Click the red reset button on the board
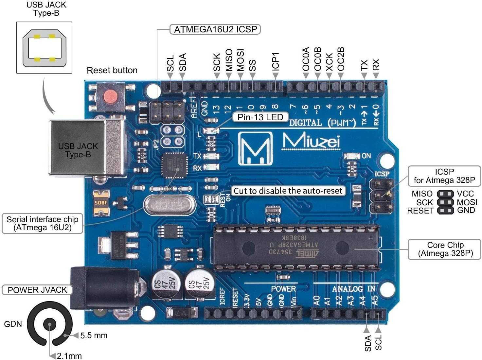(x=110, y=96)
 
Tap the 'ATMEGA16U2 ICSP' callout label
(x=215, y=29)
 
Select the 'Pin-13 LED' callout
(x=260, y=117)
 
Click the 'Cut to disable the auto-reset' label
(x=288, y=191)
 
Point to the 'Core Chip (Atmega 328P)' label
(x=445, y=249)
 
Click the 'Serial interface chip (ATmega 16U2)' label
(x=42, y=223)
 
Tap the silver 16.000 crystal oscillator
(x=170, y=205)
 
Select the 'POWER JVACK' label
(x=37, y=290)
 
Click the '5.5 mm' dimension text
(x=94, y=335)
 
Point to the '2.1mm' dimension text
(x=69, y=356)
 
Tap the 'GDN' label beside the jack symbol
(x=13, y=324)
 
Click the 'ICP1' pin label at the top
(x=276, y=61)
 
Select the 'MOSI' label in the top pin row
(x=241, y=60)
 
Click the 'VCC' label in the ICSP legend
(x=465, y=194)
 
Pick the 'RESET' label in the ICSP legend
(x=420, y=211)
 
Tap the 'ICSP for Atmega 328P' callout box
(x=444, y=176)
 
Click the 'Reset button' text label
(x=112, y=70)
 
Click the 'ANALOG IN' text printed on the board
(x=353, y=289)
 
